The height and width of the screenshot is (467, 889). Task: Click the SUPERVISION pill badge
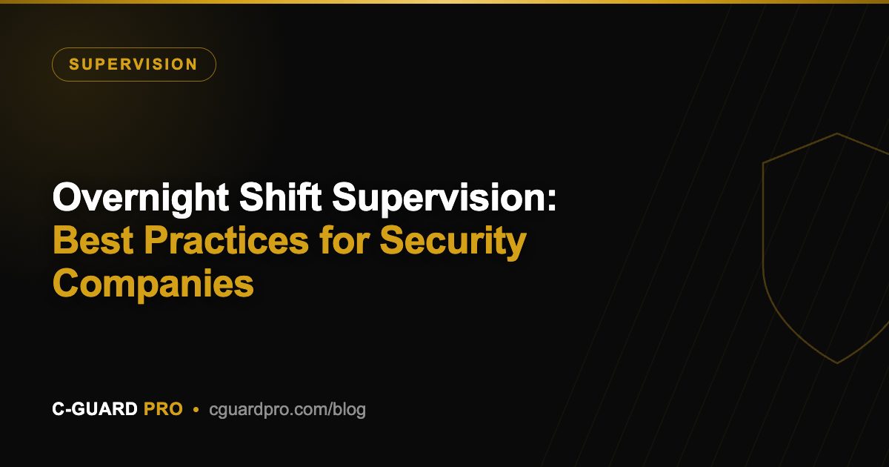tap(134, 64)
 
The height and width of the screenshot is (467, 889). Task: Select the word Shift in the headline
tap(280, 196)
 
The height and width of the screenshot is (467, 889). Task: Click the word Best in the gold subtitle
tap(93, 240)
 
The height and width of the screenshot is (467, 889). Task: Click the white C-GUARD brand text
tap(95, 409)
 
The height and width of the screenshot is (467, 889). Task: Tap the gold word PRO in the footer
tap(163, 409)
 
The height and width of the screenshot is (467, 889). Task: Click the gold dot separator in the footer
tap(196, 409)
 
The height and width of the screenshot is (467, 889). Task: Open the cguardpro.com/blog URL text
tap(287, 410)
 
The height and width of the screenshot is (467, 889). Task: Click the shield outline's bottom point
tap(837, 362)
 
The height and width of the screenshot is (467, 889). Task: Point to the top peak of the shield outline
tap(837, 133)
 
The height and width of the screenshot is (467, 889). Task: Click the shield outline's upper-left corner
tap(763, 163)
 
